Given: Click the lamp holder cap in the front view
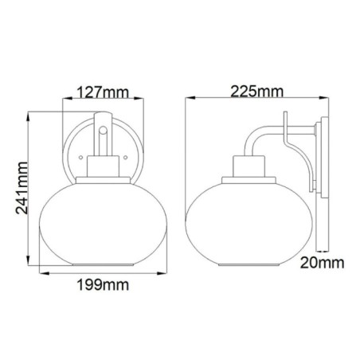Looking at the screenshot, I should click(x=101, y=170).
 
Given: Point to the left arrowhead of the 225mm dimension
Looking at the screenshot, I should click(x=187, y=101).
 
